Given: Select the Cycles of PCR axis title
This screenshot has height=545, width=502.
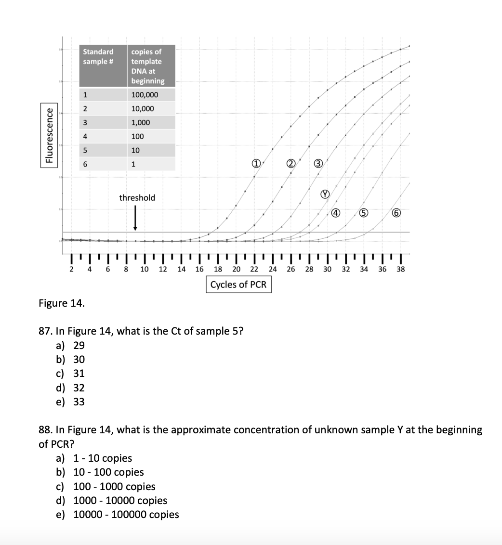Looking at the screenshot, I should click(238, 285).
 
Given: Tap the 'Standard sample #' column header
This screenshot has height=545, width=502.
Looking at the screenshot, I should click(98, 56).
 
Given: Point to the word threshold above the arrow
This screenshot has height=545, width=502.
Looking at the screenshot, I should click(137, 197).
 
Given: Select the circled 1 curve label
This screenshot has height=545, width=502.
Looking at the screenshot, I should click(256, 163).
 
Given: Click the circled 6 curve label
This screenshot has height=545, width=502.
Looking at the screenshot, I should click(396, 213).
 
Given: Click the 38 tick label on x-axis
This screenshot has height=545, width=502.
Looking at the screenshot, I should click(400, 270).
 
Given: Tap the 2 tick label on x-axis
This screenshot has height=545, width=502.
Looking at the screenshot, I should click(71, 270).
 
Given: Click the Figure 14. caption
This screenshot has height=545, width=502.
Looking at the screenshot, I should click(61, 303).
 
